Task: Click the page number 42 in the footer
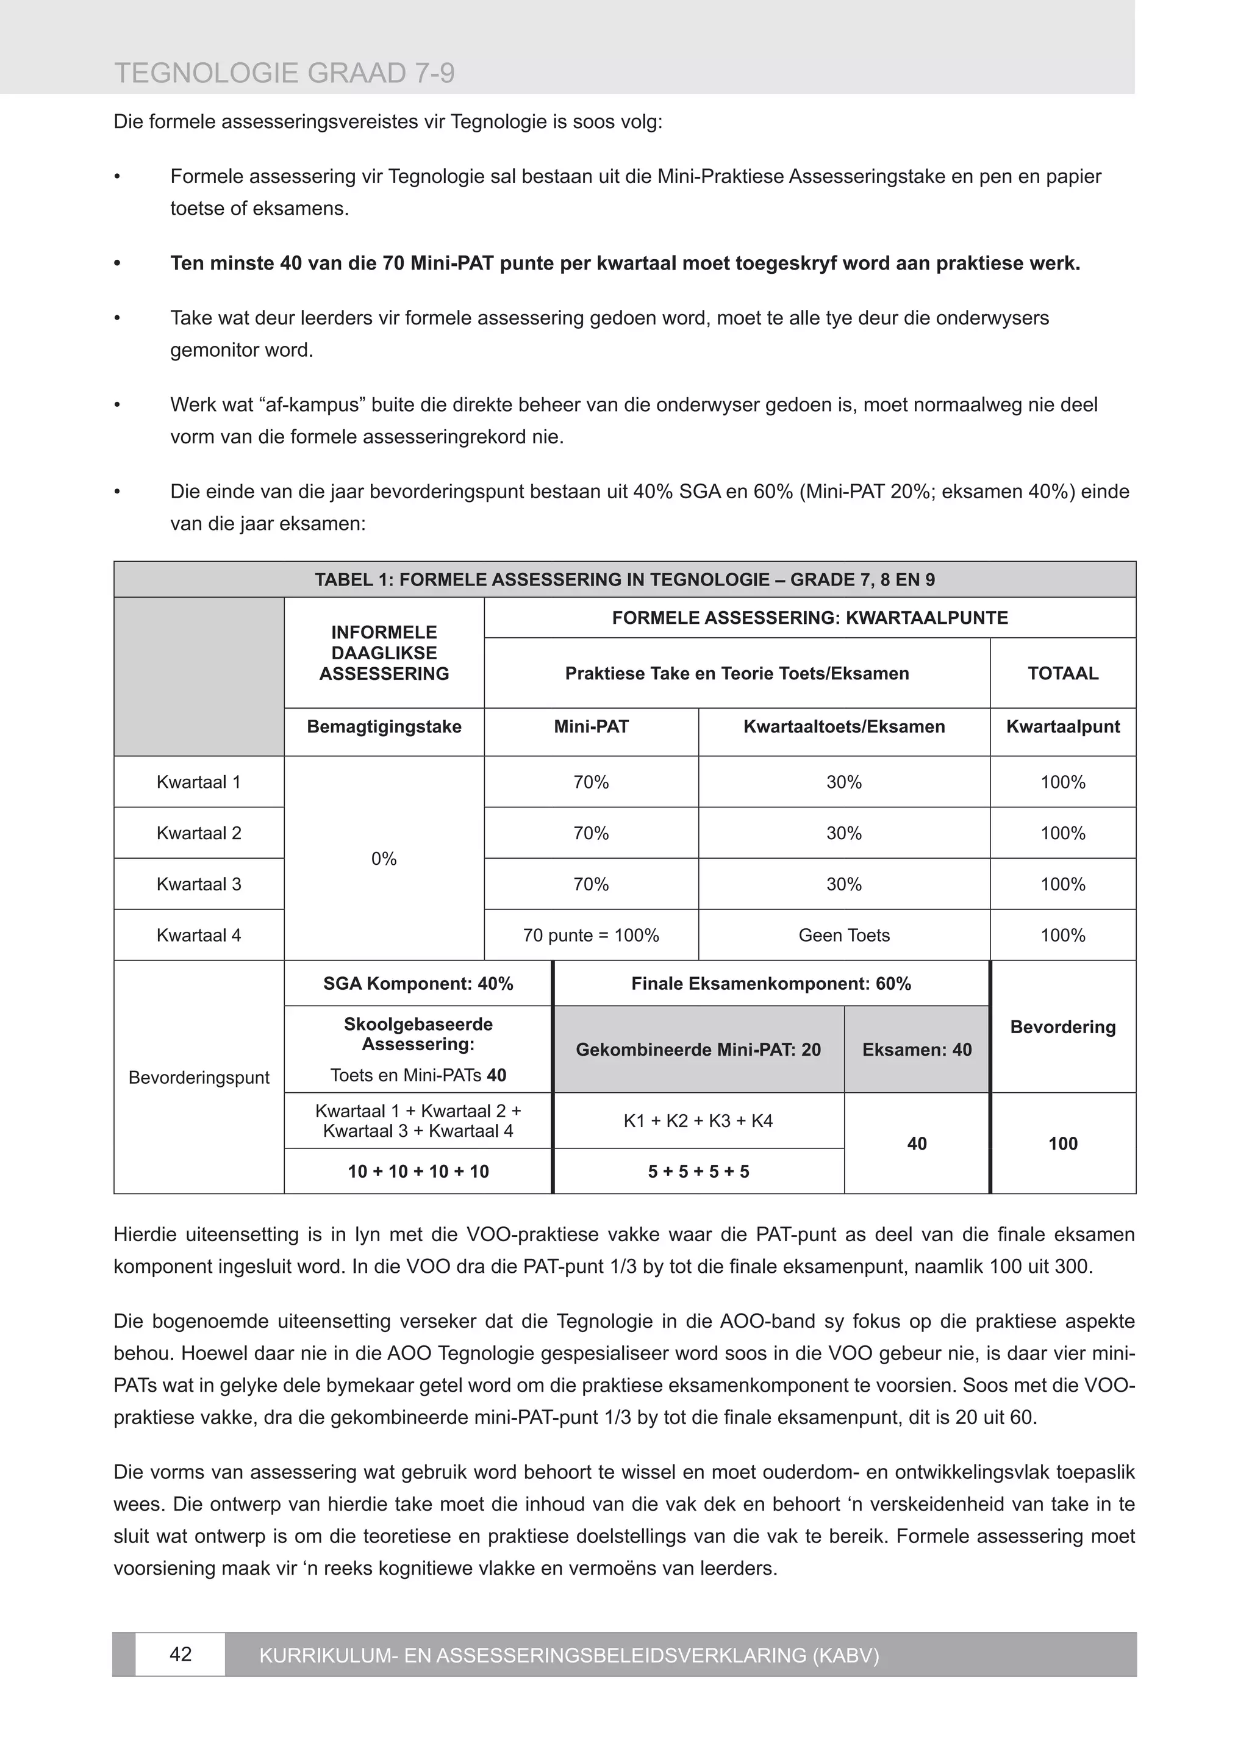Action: [180, 1655]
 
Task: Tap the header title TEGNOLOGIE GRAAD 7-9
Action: [284, 74]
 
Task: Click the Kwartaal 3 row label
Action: [198, 884]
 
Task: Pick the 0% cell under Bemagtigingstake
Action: [384, 859]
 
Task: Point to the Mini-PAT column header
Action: [590, 726]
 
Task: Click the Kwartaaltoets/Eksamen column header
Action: [843, 726]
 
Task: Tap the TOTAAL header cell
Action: [1062, 673]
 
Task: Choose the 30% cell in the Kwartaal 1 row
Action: [843, 782]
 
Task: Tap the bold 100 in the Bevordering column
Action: [1062, 1144]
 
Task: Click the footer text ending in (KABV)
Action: [569, 1655]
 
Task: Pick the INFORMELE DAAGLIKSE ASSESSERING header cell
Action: [384, 653]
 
